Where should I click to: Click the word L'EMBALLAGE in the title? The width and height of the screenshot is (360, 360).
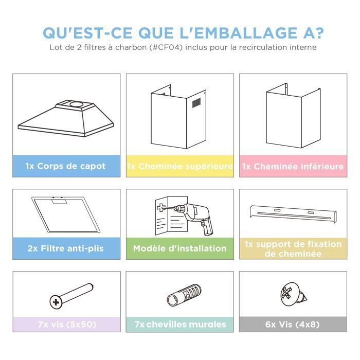(237, 32)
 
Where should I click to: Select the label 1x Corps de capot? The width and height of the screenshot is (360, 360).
(66, 166)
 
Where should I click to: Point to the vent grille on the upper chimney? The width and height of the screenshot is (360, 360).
(197, 103)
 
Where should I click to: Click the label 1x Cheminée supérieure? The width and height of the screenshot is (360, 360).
(179, 166)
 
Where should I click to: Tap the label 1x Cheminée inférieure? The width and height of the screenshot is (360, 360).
(293, 166)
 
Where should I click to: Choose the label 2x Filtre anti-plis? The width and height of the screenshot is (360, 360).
(66, 248)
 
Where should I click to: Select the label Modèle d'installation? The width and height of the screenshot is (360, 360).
(179, 248)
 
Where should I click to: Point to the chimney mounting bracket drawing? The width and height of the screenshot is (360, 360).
(293, 216)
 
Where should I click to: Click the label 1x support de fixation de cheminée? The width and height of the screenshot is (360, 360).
(293, 249)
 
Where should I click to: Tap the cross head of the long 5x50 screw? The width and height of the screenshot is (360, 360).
(55, 302)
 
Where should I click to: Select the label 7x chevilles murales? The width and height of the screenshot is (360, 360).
(180, 325)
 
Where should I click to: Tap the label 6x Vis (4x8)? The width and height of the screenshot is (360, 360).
(292, 325)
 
